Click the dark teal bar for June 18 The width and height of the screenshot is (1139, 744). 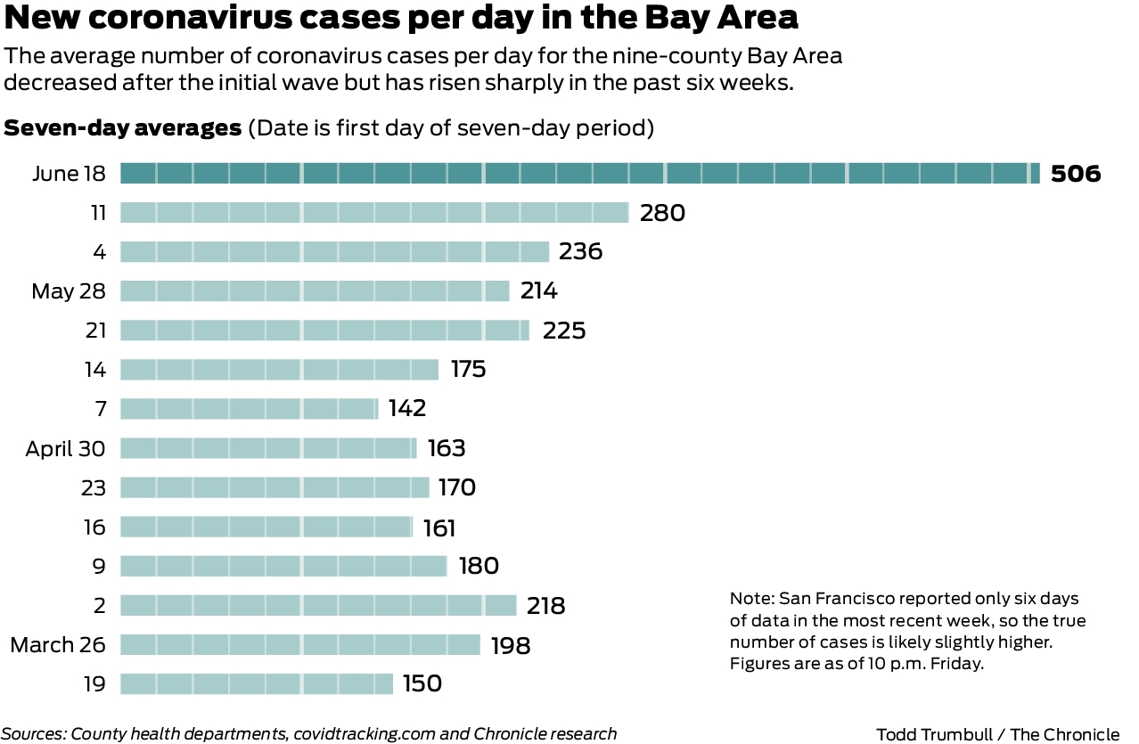click(x=579, y=173)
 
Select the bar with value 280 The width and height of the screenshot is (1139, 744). click(x=374, y=212)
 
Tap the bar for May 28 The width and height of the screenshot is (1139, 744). click(x=315, y=290)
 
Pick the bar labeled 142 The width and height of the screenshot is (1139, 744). click(x=249, y=408)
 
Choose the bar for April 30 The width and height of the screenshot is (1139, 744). click(x=268, y=447)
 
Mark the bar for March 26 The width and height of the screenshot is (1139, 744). click(x=300, y=644)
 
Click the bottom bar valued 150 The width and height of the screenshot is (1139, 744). click(x=257, y=683)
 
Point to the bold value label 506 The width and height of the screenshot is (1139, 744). click(x=1076, y=174)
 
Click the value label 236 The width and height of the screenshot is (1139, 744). click(x=581, y=252)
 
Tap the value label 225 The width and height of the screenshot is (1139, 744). click(x=564, y=331)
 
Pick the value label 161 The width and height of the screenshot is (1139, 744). click(x=439, y=527)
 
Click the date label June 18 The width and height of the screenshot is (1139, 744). click(x=69, y=174)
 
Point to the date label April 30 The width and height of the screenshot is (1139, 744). click(x=65, y=448)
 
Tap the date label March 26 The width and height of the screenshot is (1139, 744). click(x=58, y=644)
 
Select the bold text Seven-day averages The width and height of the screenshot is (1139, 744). click(x=123, y=127)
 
